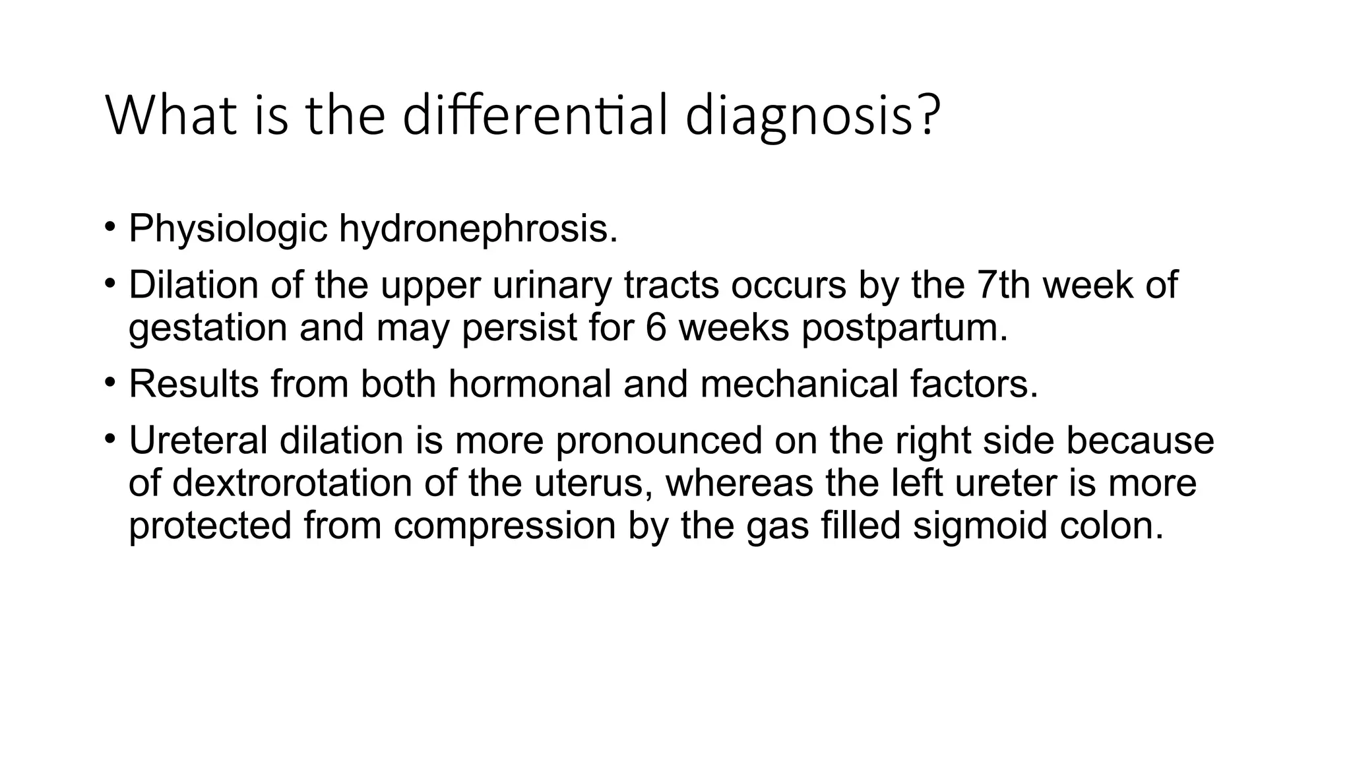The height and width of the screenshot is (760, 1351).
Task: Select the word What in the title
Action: coord(171,115)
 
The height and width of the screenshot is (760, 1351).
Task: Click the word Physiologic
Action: coord(228,229)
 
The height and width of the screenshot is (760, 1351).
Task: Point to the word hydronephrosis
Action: coord(478,229)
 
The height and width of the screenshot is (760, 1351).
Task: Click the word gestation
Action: coord(208,328)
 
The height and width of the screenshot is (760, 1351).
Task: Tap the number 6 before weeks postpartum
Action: coord(656,328)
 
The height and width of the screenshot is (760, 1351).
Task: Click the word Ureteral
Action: coord(198,440)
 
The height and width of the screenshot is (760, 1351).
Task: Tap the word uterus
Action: coord(593,483)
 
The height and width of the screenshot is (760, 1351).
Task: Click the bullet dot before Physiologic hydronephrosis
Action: coord(110,226)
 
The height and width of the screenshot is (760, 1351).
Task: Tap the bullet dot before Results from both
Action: coord(110,381)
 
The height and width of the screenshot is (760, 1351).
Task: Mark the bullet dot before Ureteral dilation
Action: coord(110,437)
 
